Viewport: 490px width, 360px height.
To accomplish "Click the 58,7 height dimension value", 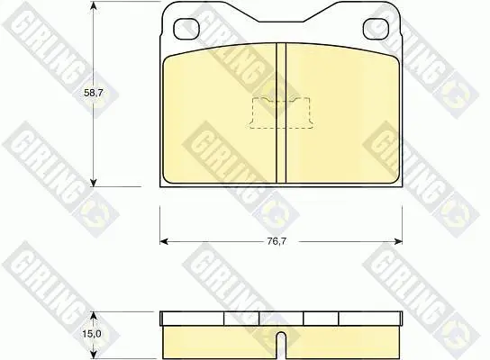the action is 94,93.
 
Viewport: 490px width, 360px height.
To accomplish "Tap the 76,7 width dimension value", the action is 277,241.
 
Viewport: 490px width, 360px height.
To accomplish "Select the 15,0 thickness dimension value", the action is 92,334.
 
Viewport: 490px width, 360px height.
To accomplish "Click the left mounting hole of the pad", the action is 186,29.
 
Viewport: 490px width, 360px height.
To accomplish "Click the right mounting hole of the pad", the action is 377,29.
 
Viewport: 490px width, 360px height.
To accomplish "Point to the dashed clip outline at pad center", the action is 281,112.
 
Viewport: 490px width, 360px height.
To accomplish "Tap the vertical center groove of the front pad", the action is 281,112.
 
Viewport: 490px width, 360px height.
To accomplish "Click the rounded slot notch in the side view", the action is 282,345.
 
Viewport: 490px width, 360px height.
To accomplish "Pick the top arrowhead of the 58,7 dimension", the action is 94,6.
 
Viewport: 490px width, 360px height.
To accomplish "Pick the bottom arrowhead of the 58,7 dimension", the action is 94,183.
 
